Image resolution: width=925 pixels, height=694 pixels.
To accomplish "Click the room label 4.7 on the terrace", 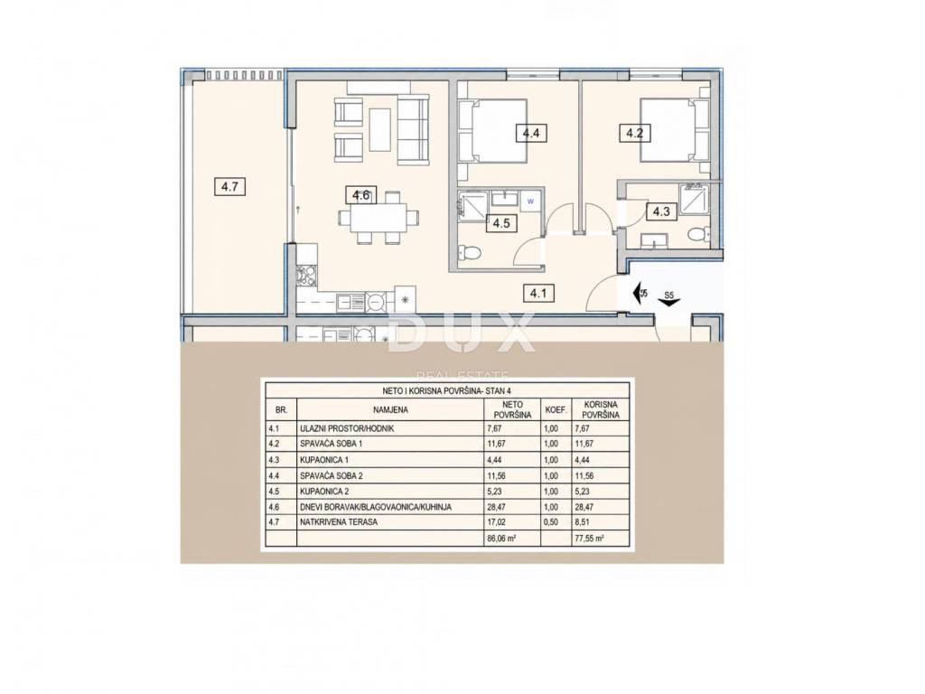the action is (x=229, y=188).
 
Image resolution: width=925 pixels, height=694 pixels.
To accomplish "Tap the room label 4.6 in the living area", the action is (x=361, y=195).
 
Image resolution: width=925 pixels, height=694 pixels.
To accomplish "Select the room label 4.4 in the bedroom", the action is (x=531, y=133).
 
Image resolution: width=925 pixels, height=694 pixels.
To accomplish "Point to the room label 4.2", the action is (x=634, y=133).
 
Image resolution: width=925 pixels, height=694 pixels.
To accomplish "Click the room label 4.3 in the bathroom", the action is (x=661, y=211).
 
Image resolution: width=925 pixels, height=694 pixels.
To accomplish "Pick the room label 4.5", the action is (x=500, y=223).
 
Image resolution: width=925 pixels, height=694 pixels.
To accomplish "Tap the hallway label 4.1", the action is (x=538, y=292).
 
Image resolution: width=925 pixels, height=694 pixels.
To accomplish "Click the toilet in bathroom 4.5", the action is (x=472, y=254).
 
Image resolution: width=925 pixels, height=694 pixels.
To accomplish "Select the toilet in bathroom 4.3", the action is (x=697, y=235).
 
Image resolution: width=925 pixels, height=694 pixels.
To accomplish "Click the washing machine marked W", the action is (x=530, y=202).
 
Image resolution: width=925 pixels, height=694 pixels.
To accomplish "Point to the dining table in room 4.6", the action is (x=378, y=217).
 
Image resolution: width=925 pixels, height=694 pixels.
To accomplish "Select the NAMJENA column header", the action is (x=390, y=409).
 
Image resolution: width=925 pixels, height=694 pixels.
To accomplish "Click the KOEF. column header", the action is (x=556, y=409).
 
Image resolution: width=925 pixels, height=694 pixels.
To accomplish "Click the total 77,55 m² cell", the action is (x=589, y=539).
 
